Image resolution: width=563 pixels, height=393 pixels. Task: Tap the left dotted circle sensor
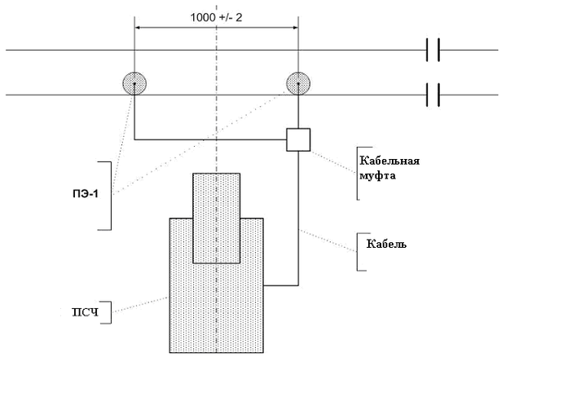[134, 82]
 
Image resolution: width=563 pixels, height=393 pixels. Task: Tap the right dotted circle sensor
[299, 82]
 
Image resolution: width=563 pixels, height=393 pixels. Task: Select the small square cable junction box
[299, 139]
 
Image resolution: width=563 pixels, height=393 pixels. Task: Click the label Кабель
[385, 244]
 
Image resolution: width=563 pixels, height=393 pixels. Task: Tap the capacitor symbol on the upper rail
[433, 51]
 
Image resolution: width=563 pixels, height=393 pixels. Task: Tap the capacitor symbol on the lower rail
[433, 95]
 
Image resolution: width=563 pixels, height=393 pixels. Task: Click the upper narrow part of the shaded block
[217, 196]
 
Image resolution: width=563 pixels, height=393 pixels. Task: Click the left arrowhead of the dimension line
[139, 27]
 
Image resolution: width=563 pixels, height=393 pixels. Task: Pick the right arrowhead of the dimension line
[295, 27]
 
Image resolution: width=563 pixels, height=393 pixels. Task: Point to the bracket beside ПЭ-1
[110, 194]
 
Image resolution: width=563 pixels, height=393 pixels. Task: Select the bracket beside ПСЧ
[111, 311]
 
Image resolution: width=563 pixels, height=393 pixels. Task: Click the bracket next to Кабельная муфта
[358, 173]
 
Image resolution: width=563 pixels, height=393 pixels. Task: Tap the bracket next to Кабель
[358, 253]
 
